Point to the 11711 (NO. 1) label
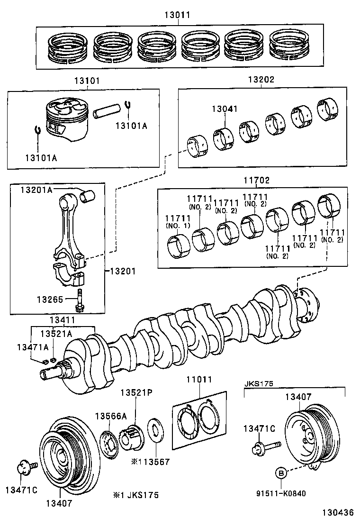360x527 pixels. pos(178,221)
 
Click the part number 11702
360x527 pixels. pos(257,181)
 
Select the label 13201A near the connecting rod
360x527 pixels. pos(36,190)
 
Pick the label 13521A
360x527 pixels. pos(56,334)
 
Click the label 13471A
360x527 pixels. pos(33,347)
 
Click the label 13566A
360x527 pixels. pos(111,416)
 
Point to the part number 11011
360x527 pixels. pos(198,380)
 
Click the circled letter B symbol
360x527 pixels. pos(280,472)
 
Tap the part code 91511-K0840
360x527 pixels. pos(280,493)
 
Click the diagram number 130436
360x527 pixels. pos(338,513)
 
